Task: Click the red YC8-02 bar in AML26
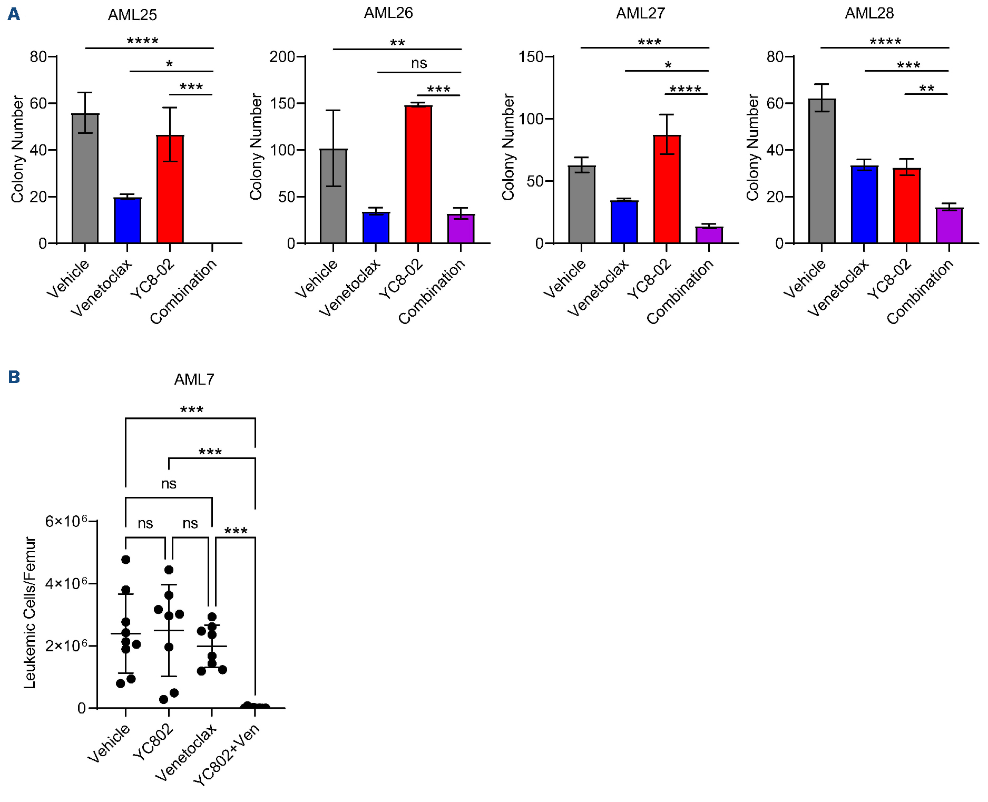[x=418, y=174]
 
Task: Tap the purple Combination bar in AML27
[x=709, y=235]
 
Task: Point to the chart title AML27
[x=640, y=13]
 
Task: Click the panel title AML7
[x=194, y=379]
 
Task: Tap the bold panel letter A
[x=14, y=14]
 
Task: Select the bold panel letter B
[x=14, y=377]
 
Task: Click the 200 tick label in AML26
[x=282, y=57]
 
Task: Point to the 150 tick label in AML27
[x=531, y=57]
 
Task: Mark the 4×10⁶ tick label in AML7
[x=66, y=583]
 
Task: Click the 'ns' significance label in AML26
[x=419, y=64]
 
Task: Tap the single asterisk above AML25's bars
[x=169, y=64]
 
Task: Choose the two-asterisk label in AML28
[x=926, y=88]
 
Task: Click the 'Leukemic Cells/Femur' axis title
[x=30, y=613]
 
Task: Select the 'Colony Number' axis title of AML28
[x=752, y=148]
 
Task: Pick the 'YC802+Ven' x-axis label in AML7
[x=227, y=755]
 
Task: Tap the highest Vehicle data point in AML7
[x=125, y=560]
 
